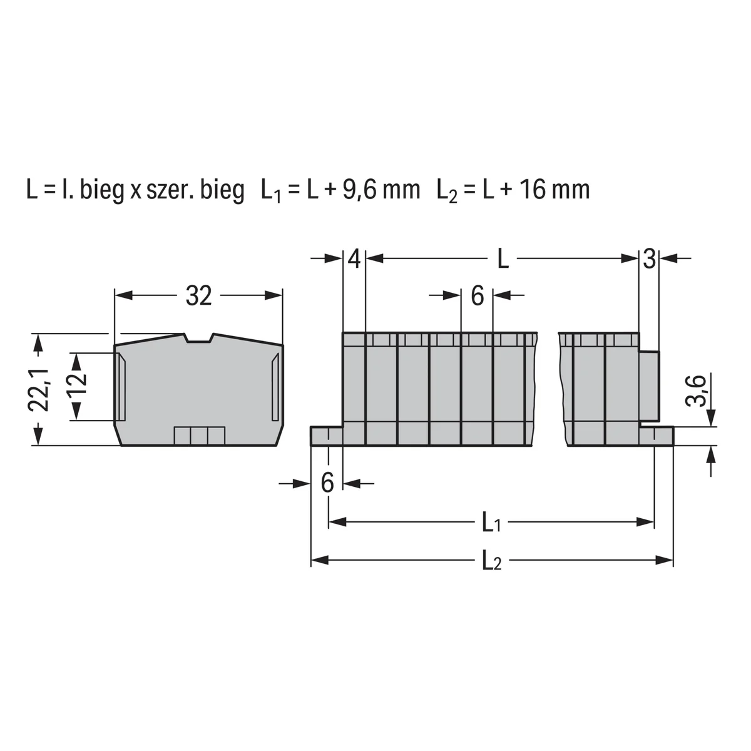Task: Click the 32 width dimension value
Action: [x=199, y=296]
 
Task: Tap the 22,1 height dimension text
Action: [x=39, y=389]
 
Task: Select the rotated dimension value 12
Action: [x=76, y=386]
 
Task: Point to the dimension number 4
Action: [x=354, y=259]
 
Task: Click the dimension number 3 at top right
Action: [x=649, y=259]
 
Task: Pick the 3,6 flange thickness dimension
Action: [x=696, y=391]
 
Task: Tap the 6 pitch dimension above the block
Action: [x=478, y=296]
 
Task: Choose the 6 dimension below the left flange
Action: [x=327, y=483]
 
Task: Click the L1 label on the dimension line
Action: [x=491, y=522]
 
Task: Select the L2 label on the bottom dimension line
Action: [x=492, y=561]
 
